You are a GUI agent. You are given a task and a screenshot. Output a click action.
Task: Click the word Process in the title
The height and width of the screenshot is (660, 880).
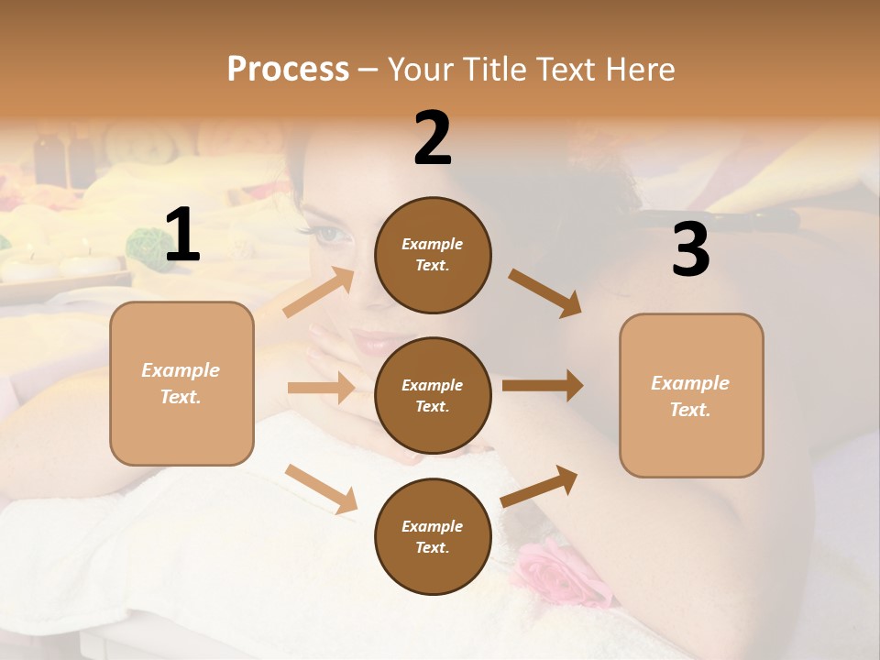tap(288, 69)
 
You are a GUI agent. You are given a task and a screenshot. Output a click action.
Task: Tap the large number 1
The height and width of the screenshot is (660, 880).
tap(182, 236)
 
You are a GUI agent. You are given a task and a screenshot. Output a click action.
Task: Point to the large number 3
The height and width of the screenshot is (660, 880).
tap(690, 249)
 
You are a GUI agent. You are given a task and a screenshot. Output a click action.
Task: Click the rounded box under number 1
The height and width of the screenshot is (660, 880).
tap(181, 383)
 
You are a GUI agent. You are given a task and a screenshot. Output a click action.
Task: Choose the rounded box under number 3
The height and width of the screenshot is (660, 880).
tap(691, 396)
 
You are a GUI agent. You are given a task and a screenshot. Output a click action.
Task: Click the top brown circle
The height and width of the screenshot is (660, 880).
tap(433, 255)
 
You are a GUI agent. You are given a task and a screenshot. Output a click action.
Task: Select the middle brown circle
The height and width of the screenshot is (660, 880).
tap(433, 396)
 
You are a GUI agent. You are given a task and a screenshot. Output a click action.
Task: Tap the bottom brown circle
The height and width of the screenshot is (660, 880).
tap(433, 537)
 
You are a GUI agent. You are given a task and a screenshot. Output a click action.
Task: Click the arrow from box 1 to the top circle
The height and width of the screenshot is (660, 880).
tap(319, 291)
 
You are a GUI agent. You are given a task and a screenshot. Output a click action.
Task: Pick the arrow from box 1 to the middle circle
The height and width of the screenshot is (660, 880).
tap(321, 388)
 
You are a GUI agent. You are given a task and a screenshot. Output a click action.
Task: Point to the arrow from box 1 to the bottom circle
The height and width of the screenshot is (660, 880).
tap(321, 489)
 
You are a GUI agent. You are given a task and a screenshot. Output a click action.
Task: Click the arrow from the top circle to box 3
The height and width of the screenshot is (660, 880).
tap(544, 292)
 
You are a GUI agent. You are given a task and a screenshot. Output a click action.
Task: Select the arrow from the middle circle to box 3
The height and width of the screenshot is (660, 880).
tap(543, 385)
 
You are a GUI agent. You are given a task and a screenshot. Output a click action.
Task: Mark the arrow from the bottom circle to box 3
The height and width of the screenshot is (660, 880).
tap(539, 486)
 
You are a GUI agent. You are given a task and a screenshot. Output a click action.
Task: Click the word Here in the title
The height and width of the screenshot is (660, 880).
tap(638, 69)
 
